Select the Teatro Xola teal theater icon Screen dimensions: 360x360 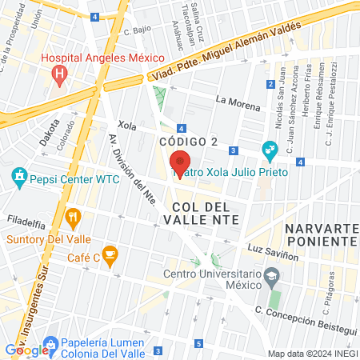click(x=270, y=150)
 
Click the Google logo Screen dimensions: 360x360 click(x=26, y=350)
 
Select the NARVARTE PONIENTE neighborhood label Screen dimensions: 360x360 click(x=320, y=235)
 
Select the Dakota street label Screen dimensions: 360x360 click(x=49, y=133)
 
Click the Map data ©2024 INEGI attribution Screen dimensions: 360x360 click(x=312, y=354)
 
